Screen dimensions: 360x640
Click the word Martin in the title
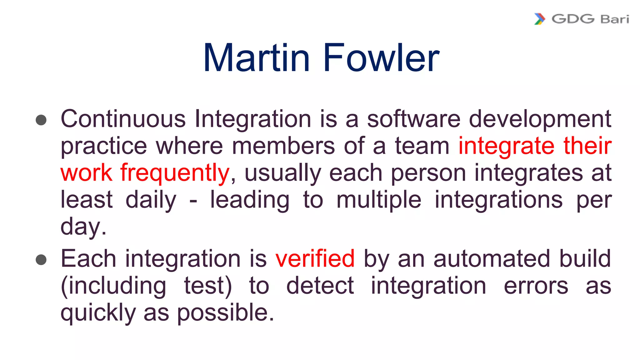coord(256,58)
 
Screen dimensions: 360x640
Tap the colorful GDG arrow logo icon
coord(540,19)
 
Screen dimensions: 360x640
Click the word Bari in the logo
coord(615,19)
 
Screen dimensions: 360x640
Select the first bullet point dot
coord(41,120)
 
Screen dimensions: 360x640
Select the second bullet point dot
coord(41,260)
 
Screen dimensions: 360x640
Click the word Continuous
coord(123,119)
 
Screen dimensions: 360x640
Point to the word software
coord(413,119)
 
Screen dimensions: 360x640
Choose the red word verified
coord(315,259)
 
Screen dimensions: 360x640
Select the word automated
coord(492,259)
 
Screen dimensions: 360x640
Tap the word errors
coord(536,286)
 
